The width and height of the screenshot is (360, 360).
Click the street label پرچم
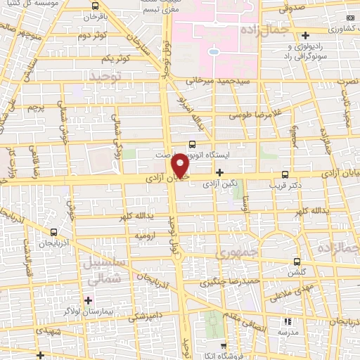35,108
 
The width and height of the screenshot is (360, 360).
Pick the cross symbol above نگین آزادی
220,172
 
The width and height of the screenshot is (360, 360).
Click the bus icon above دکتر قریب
285,174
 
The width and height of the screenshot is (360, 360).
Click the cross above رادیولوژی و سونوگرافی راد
290,44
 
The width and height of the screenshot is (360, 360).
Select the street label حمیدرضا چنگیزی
222,283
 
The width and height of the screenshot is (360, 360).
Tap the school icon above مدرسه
295,319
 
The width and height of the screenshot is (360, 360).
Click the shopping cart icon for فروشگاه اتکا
223,345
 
